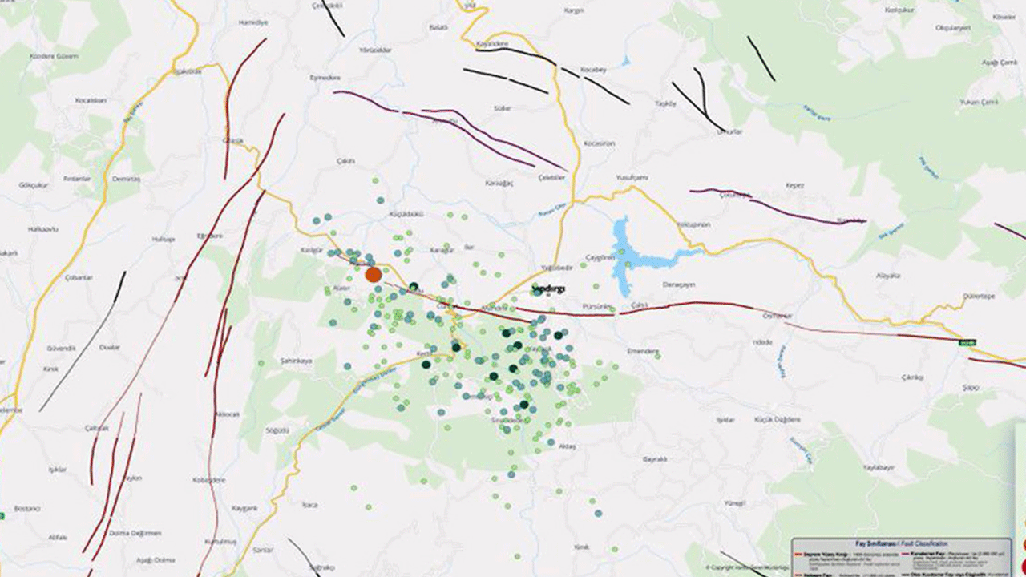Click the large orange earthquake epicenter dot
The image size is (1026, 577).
(x=373, y=275)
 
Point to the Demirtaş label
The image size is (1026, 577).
(x=126, y=179)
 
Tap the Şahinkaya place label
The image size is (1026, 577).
(x=296, y=361)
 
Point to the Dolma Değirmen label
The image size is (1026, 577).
(x=137, y=533)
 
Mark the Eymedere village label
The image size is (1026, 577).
(x=325, y=78)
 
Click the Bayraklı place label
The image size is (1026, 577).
(x=655, y=459)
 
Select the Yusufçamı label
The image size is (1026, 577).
(x=631, y=177)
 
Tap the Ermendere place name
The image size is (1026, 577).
(x=642, y=351)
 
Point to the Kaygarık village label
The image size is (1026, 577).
(x=244, y=509)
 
